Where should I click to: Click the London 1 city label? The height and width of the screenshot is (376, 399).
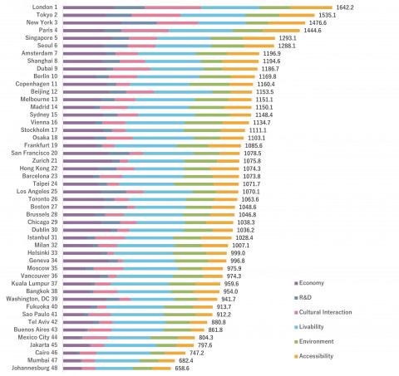tap(42, 7)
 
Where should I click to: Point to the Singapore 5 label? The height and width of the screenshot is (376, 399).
tap(40, 37)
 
